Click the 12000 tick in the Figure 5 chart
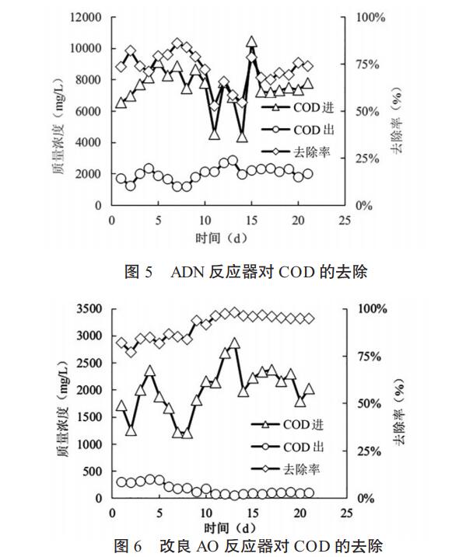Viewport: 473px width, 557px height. coord(83,16)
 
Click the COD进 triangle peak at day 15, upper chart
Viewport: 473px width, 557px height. coord(251,41)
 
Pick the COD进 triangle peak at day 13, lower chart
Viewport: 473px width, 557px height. coord(233,343)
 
